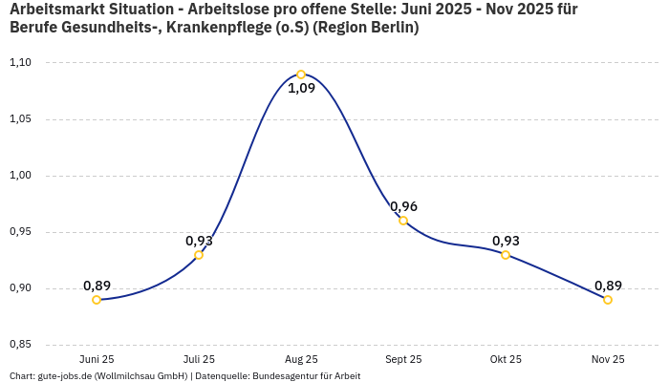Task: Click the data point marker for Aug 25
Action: coord(301,74)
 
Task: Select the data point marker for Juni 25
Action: coord(97,300)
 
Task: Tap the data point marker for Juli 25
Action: coord(199,255)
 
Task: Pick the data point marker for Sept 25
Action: coord(403,221)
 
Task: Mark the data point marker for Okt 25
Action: coord(506,255)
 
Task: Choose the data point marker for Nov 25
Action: coord(608,300)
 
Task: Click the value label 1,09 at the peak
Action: coord(301,89)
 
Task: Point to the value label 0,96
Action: coord(403,206)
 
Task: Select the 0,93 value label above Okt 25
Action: coord(506,241)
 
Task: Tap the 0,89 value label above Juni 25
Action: coord(97,286)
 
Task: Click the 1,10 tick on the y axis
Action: coord(20,63)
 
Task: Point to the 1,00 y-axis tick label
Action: coord(20,176)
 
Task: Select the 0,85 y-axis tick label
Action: coord(20,345)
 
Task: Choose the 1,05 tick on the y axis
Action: coord(20,119)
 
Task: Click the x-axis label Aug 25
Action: coord(301,359)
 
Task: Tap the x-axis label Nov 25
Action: coord(608,359)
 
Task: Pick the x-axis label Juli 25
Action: coord(199,359)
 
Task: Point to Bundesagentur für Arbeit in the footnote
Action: coord(306,376)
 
